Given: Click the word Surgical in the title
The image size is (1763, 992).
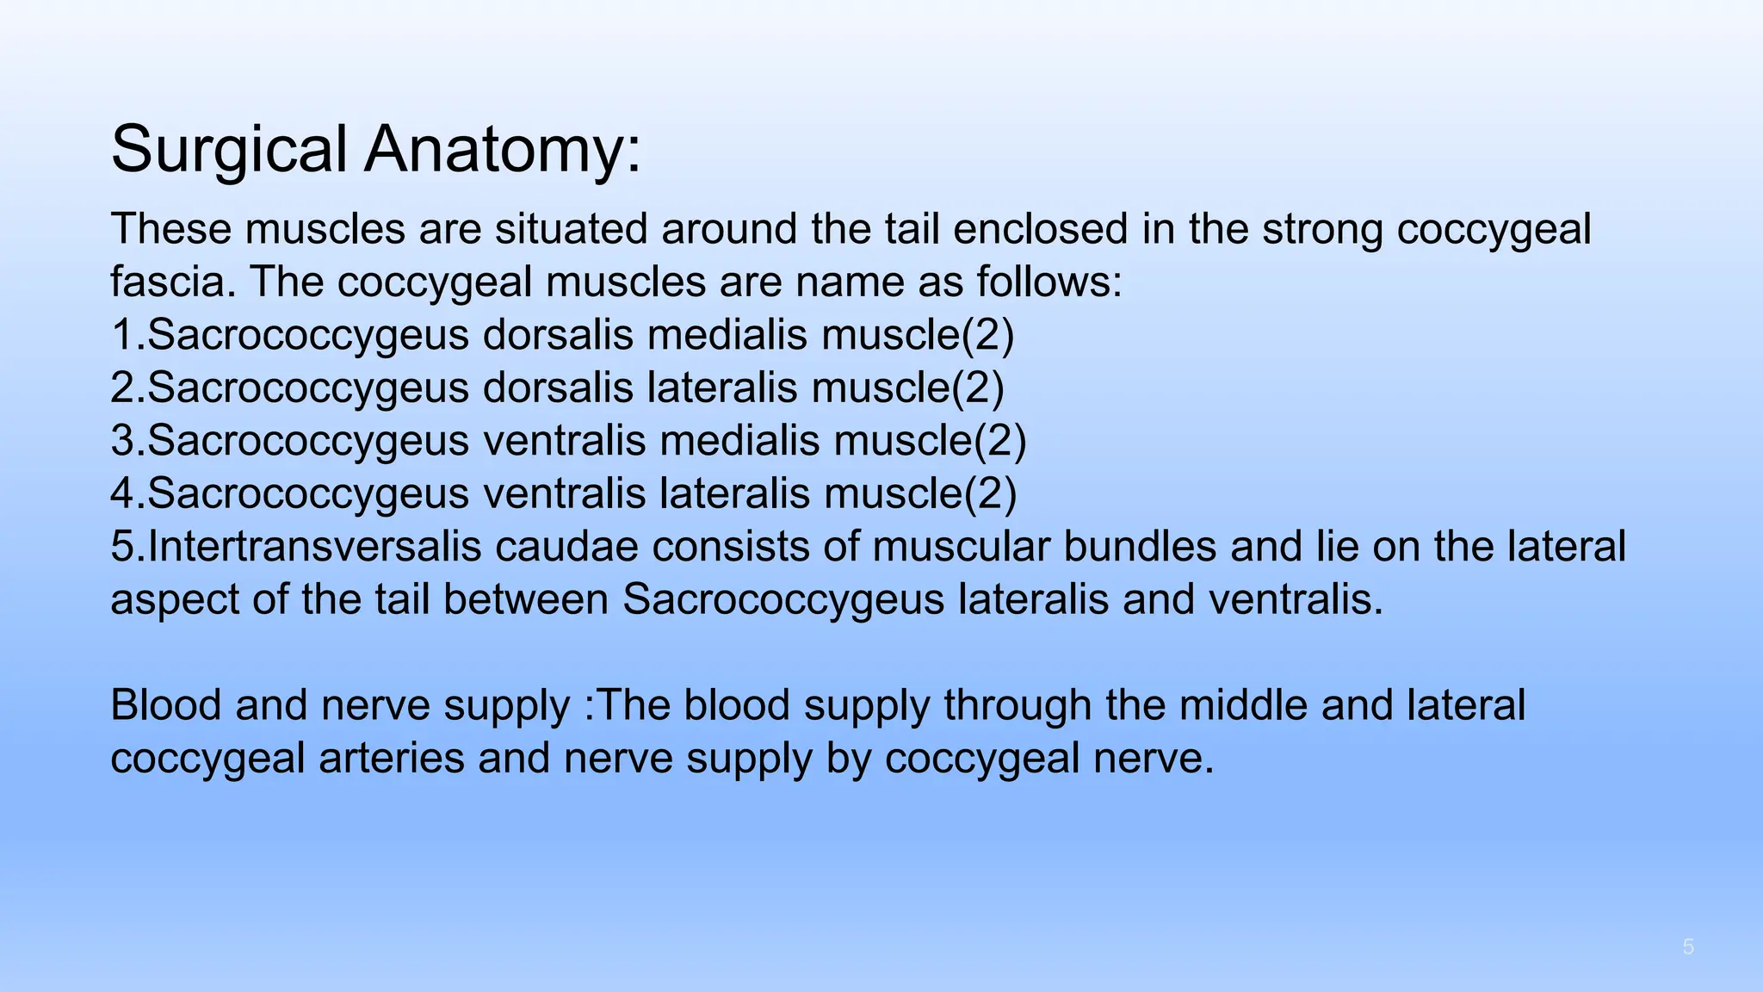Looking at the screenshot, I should point(229,150).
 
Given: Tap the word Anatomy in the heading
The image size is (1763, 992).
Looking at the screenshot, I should point(503,150).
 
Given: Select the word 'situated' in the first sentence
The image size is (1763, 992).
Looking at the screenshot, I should point(569,230).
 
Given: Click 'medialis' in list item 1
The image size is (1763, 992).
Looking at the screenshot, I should point(727,336).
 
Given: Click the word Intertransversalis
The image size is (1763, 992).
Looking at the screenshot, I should point(315,548).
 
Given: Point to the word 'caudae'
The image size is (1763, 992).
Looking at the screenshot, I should point(567,548).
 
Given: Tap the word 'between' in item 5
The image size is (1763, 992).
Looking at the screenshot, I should point(526,600).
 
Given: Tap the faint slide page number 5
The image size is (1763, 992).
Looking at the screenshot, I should point(1688,948).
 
